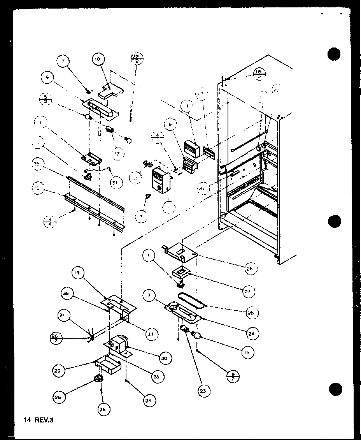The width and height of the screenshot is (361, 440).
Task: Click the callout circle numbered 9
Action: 47,77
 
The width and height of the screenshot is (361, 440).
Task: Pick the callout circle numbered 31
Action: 116,181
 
